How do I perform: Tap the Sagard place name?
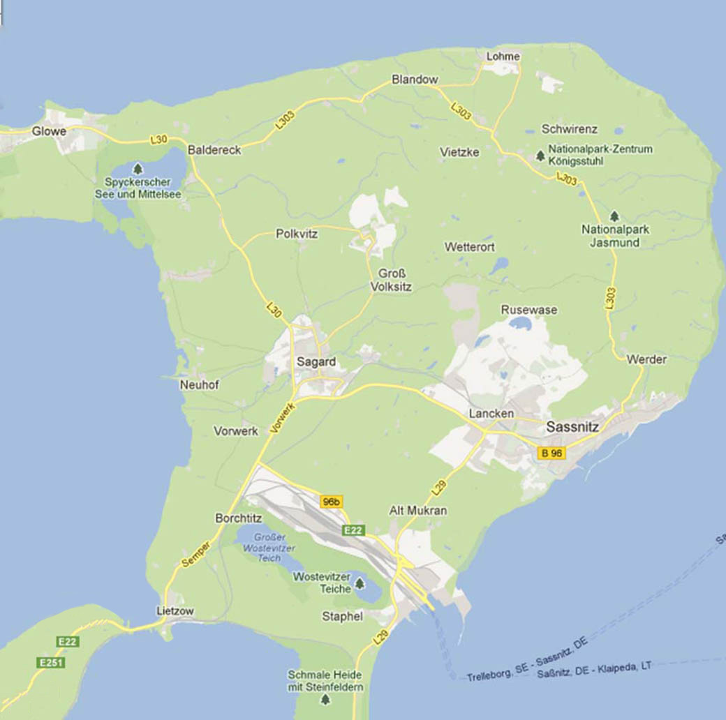pyautogui.click(x=316, y=362)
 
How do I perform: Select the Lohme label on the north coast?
pyautogui.click(x=503, y=57)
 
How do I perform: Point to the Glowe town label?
pyautogui.click(x=49, y=131)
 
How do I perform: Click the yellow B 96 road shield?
pyautogui.click(x=551, y=453)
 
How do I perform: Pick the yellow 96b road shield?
pyautogui.click(x=332, y=502)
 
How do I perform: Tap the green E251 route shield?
pyautogui.click(x=51, y=662)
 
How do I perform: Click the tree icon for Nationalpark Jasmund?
pyautogui.click(x=614, y=216)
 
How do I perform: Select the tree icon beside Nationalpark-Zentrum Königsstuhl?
pyautogui.click(x=540, y=156)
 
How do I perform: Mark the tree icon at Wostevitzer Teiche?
pyautogui.click(x=360, y=583)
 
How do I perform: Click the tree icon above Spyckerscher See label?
pyautogui.click(x=138, y=169)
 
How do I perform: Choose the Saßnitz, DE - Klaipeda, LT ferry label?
pyautogui.click(x=595, y=670)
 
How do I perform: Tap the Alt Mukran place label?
pyautogui.click(x=418, y=511)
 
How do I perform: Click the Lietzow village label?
pyautogui.click(x=175, y=611)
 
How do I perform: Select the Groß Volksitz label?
pyautogui.click(x=392, y=280)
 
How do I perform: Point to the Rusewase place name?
pyautogui.click(x=529, y=310)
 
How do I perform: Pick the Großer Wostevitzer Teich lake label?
pyautogui.click(x=269, y=548)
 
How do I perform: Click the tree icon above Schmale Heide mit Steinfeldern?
pyautogui.click(x=325, y=660)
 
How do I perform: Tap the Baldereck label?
pyautogui.click(x=214, y=150)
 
